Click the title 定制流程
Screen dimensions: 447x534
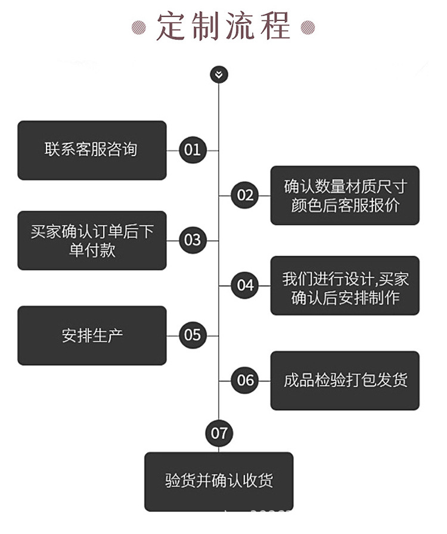[x=223, y=26]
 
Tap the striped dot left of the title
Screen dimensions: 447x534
[x=139, y=27]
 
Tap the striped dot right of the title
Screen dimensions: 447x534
[x=308, y=27]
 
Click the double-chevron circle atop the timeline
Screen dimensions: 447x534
[x=219, y=74]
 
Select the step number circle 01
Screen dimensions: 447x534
[x=193, y=150]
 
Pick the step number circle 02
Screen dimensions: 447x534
[x=244, y=195]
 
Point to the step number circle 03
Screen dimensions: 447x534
[x=193, y=240]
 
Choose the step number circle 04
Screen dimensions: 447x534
[x=244, y=285]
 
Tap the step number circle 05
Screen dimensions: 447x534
[x=193, y=335]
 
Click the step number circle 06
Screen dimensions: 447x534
[x=244, y=380]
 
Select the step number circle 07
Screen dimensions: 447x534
[x=219, y=433]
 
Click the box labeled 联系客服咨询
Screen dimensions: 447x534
[x=92, y=150]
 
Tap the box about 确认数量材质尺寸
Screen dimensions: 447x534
[x=345, y=195]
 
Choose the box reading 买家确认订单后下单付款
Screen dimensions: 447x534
[x=92, y=240]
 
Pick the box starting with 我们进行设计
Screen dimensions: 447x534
[x=345, y=285]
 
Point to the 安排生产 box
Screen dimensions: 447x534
[x=92, y=336]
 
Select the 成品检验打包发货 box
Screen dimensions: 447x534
[x=345, y=380]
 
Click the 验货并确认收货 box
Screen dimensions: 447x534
[x=219, y=482]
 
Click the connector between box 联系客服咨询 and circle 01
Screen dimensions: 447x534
[x=173, y=150]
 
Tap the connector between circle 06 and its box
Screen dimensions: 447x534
[x=265, y=380]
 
